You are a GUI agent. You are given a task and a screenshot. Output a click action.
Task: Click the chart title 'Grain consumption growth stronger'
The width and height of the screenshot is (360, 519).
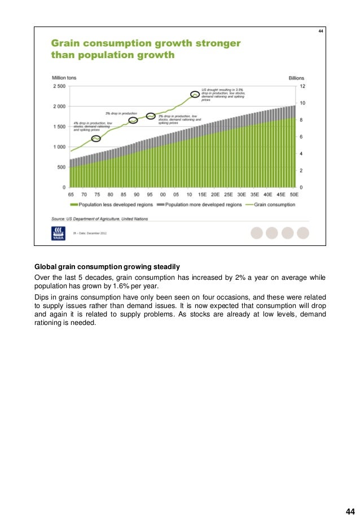146,43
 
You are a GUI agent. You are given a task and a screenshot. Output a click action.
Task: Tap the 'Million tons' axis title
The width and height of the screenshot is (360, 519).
64,78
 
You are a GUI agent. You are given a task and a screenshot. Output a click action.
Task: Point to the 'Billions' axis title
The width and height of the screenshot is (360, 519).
296,78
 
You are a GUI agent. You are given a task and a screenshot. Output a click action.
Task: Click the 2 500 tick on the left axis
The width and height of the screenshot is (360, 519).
59,86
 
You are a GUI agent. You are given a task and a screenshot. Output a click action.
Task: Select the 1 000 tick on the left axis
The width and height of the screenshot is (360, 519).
59,147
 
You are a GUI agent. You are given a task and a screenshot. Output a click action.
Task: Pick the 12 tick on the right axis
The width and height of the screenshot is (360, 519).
302,86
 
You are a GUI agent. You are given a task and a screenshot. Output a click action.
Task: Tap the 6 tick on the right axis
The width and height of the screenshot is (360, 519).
302,137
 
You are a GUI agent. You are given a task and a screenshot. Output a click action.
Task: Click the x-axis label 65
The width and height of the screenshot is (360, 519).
71,193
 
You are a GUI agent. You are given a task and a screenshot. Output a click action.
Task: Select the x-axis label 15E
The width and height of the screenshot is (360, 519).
201,193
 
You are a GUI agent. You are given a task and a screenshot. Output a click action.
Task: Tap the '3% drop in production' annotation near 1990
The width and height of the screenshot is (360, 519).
121,113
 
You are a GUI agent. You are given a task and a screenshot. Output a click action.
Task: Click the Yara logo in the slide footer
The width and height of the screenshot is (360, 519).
58,232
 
